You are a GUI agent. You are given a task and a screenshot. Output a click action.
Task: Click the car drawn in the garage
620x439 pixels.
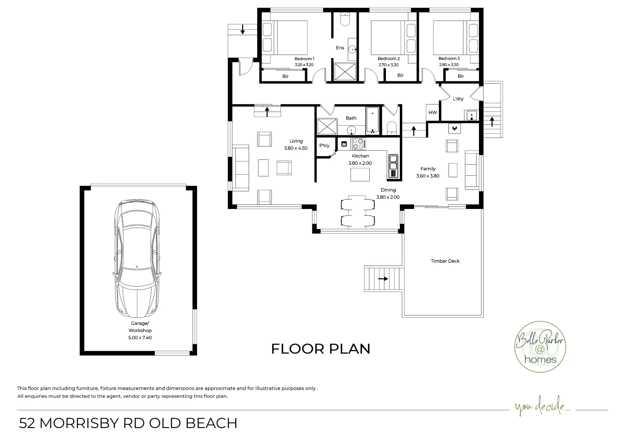137,259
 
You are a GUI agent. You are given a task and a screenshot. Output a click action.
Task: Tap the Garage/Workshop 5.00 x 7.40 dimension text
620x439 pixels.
140,337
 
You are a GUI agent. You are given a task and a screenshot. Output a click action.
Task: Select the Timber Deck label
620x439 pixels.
445,261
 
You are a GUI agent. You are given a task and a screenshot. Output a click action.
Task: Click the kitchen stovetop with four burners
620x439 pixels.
358,144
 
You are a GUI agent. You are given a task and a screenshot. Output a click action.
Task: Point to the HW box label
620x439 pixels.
433,113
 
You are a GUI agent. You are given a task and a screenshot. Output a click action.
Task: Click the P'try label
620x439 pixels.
324,146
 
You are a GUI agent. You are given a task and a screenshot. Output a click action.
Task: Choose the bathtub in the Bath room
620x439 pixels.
372,120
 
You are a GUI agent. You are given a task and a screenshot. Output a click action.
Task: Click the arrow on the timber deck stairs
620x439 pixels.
383,279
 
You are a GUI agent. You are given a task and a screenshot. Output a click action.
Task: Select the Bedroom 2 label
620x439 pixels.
388,59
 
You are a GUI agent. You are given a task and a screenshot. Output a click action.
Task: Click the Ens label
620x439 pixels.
340,48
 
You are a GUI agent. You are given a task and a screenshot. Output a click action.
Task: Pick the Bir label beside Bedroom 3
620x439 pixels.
461,76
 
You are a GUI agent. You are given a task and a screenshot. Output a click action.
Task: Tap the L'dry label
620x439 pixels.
458,99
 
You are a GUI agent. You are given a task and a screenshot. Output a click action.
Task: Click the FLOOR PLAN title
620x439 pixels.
321,349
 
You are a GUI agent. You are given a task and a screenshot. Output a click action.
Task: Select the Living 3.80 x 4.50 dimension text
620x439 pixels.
296,148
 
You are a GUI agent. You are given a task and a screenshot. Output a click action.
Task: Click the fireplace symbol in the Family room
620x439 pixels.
455,128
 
